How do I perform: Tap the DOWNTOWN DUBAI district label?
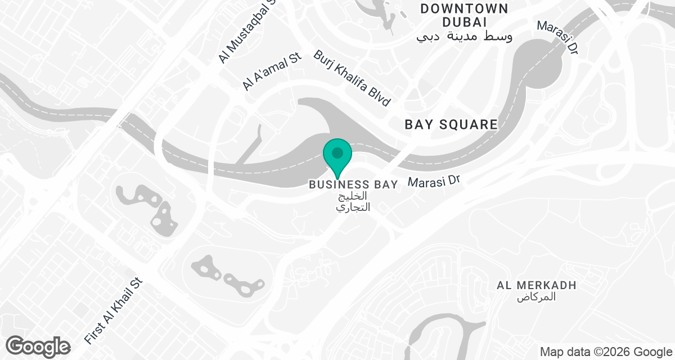coord(464,15)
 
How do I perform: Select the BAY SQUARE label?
coord(452,125)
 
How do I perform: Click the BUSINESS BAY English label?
coord(353,184)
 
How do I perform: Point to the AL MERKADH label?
coord(537,285)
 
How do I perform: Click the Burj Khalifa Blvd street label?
coord(352,78)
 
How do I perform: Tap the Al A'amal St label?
coord(265,73)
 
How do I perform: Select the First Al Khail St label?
coord(114,310)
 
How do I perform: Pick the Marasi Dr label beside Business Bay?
coord(434,181)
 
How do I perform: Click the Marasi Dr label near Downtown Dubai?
coord(557,38)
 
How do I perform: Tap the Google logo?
coord(38,346)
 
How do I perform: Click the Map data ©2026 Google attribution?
coord(605,352)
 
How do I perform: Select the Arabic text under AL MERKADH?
coord(536,297)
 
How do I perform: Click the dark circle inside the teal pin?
coord(337,152)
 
